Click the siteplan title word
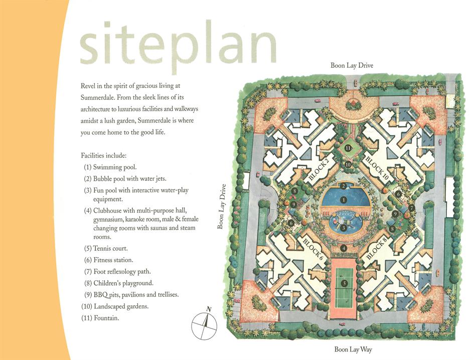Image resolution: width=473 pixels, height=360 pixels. pyautogui.click(x=178, y=45)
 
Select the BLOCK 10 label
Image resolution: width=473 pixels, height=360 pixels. pyautogui.click(x=377, y=168)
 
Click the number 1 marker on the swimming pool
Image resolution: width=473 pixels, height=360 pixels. pyautogui.click(x=343, y=200)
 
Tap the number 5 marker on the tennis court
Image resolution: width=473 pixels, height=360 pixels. pyautogui.click(x=344, y=283)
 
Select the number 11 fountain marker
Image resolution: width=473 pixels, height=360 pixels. pyautogui.click(x=348, y=148)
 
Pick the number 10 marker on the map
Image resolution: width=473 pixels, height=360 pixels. pyautogui.click(x=348, y=165)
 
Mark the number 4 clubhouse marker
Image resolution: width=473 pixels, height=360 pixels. pyautogui.click(x=343, y=248)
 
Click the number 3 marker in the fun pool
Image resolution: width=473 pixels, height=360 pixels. pyautogui.click(x=343, y=228)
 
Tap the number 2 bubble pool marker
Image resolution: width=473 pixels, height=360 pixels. pyautogui.click(x=343, y=186)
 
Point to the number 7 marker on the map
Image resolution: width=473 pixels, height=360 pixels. pyautogui.click(x=411, y=208)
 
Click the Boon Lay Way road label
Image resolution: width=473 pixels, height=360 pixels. pyautogui.click(x=353, y=349)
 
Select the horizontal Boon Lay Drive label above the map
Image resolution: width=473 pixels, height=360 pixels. pyautogui.click(x=352, y=65)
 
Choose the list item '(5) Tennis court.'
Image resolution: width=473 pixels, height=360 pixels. pyautogui.click(x=106, y=248)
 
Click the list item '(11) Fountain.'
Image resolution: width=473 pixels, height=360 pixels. pyautogui.click(x=100, y=318)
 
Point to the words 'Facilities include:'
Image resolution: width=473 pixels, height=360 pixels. pyautogui.click(x=103, y=156)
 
